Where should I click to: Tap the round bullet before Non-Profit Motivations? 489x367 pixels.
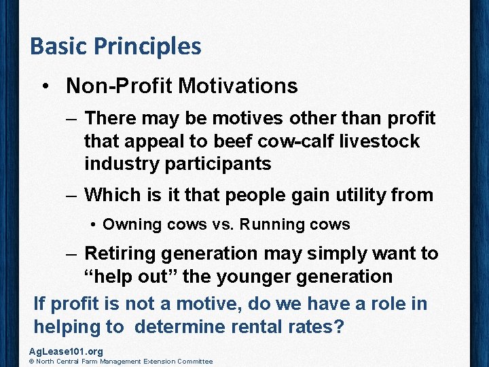coord(45,86)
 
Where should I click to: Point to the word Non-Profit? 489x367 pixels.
coord(120,86)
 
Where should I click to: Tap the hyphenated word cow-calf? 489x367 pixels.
coord(307,141)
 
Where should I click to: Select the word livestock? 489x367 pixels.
coord(386,141)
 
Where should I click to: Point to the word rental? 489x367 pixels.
coord(258,326)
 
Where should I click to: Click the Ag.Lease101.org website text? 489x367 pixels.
coord(66,351)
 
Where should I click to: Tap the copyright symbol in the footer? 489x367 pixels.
coord(32,362)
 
